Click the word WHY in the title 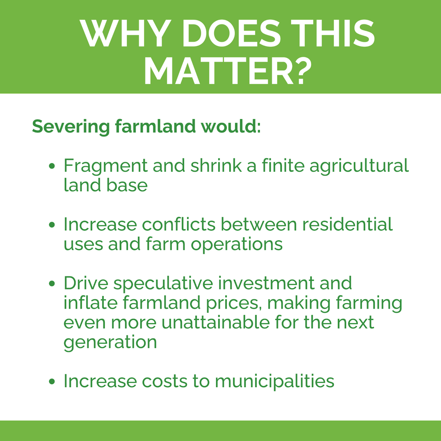(125, 33)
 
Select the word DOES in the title (231, 33)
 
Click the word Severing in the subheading (71, 127)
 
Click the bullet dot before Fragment (52, 166)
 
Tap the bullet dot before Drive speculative (52, 283)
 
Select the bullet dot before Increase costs (52, 381)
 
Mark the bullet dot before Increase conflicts (52, 225)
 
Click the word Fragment (106, 166)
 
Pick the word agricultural (359, 166)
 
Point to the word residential (347, 224)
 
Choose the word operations (237, 244)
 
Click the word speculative (163, 283)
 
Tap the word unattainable (216, 322)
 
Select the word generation (110, 343)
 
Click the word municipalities (275, 381)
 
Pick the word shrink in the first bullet (216, 165)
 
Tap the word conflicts (179, 224)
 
